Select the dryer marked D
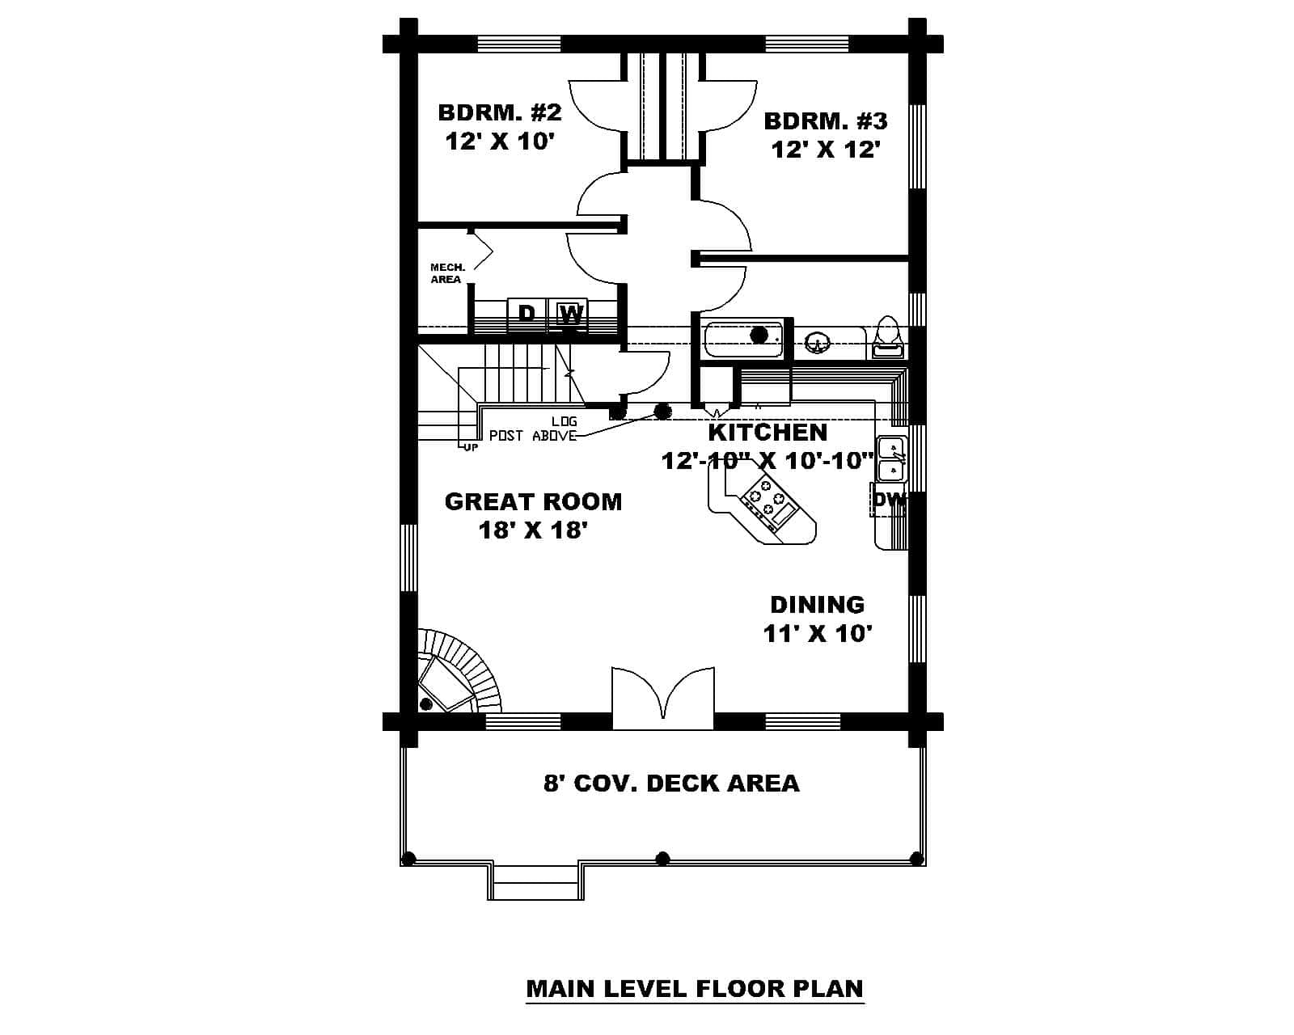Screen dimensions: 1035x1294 [x=526, y=314]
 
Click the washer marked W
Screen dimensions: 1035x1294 [x=571, y=314]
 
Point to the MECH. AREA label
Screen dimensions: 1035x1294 [x=446, y=273]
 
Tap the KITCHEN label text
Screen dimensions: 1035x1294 [x=768, y=432]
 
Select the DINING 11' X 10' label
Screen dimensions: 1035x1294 [x=817, y=619]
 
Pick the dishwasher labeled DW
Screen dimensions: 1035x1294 [x=890, y=500]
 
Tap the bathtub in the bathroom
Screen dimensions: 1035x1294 [x=743, y=339]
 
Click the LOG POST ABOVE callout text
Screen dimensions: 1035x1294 [x=534, y=429]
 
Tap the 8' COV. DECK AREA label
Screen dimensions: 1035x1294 [x=670, y=783]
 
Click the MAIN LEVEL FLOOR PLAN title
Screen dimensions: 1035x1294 [x=694, y=988]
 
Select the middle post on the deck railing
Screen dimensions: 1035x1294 [x=663, y=858]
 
